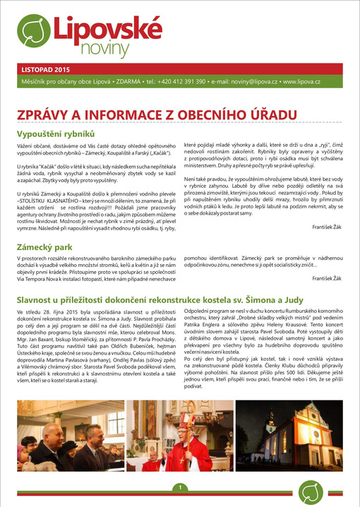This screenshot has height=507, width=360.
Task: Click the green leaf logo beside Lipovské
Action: click(35, 30)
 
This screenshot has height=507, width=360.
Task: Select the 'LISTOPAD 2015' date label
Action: click(47, 70)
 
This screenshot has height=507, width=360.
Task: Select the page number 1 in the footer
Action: click(180, 488)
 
